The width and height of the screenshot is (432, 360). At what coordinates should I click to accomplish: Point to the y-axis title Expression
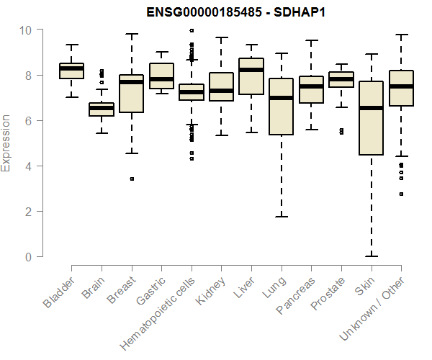[6, 143]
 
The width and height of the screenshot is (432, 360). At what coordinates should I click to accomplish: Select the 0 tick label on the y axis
[29, 257]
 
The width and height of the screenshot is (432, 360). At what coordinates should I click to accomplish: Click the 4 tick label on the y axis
[29, 166]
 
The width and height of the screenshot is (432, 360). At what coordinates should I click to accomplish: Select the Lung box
[281, 107]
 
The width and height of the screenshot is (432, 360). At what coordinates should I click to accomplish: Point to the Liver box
[251, 76]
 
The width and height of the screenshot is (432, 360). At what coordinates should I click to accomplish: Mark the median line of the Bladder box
[71, 68]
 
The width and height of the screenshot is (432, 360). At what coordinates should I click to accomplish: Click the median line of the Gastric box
[161, 79]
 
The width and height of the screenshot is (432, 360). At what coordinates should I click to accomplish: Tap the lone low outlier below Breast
[132, 179]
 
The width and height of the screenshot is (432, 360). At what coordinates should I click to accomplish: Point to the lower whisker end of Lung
[281, 216]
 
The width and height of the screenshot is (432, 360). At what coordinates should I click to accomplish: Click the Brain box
[102, 109]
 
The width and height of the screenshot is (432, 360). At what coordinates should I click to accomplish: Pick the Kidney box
[221, 87]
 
